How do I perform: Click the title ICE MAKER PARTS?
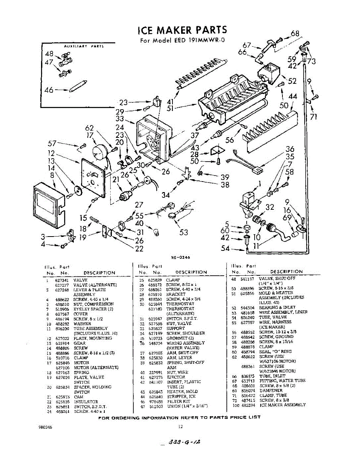point(182,30)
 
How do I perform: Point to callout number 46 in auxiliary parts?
point(49,90)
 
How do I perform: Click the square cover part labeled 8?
point(47,206)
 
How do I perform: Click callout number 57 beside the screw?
point(52,144)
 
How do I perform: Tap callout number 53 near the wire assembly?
point(183,232)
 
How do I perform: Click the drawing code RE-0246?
point(179,258)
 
